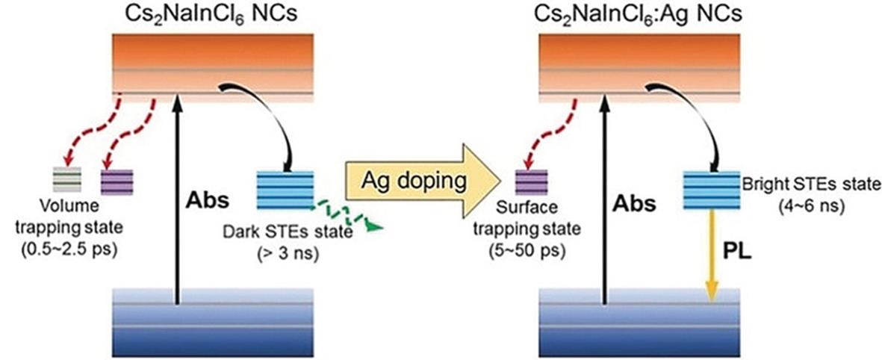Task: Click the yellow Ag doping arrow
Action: pos(422,182)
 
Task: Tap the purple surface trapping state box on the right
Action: pos(532,181)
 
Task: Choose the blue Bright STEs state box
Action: pos(711,189)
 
